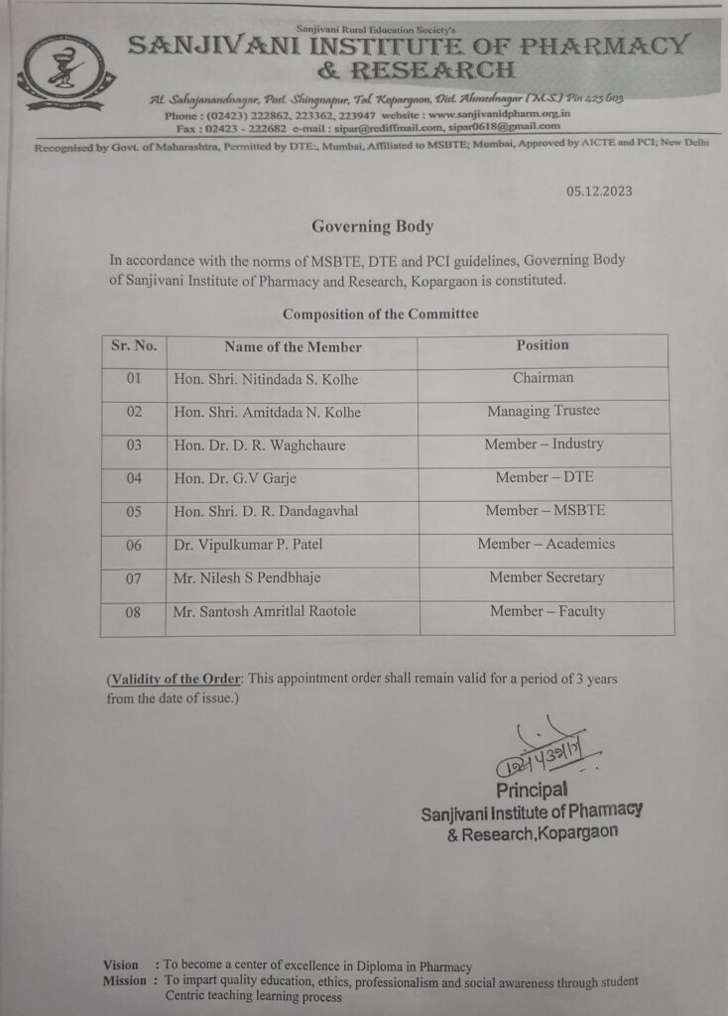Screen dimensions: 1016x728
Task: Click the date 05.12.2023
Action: [x=599, y=191]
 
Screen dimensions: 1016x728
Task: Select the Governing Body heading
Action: [x=372, y=226]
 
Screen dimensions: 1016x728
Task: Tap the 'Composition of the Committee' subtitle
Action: [x=380, y=314]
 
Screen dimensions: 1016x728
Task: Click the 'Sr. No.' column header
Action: [x=134, y=346]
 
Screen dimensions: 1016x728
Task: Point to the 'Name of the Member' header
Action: [x=293, y=347]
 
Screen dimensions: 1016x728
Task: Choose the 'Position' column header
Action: [x=543, y=345]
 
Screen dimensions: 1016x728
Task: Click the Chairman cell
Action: [x=543, y=378]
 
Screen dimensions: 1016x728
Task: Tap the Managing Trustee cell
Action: [x=544, y=411]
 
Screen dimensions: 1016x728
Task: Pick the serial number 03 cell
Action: [x=134, y=445]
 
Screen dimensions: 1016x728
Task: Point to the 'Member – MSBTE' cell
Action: [x=545, y=510]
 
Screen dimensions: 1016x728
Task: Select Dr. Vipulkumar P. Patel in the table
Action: [x=248, y=545]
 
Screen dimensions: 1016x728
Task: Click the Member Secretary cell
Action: [x=546, y=577]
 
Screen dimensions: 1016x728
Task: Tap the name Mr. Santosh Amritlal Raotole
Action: [x=264, y=611]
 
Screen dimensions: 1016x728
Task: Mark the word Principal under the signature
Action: [x=532, y=791]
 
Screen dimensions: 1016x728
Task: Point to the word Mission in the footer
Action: [x=125, y=981]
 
